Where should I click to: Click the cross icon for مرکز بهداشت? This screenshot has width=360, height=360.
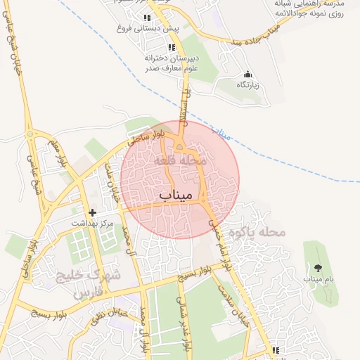click(x=91, y=212)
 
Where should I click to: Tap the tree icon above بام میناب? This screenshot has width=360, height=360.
click(x=317, y=268)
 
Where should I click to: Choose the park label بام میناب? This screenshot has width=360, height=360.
click(x=317, y=279)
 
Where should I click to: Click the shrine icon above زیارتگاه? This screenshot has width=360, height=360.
click(x=247, y=74)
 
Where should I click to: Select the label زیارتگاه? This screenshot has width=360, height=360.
click(x=248, y=85)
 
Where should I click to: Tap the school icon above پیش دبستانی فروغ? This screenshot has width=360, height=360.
click(x=146, y=18)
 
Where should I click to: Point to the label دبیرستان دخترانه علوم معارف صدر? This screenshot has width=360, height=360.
click(x=172, y=63)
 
